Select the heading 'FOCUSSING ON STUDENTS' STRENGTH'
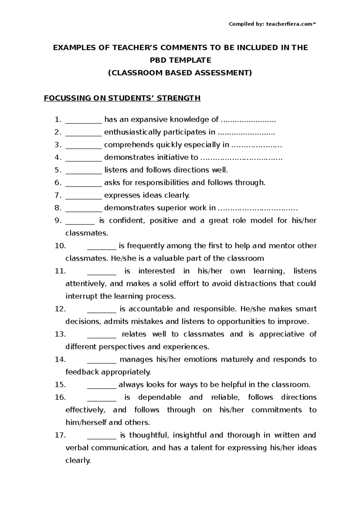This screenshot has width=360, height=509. click(122, 98)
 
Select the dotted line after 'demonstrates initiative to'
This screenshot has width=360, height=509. click(241, 158)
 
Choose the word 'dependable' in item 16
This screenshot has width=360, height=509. click(159, 397)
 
